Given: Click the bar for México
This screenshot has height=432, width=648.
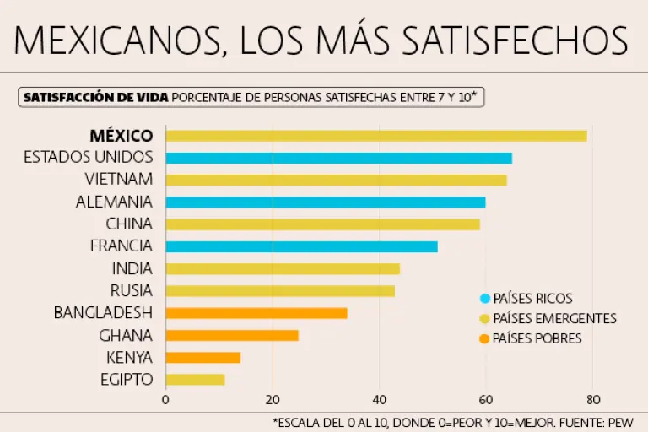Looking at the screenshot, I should pos(375,136).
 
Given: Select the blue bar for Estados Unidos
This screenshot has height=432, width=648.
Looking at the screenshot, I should pos(338,158).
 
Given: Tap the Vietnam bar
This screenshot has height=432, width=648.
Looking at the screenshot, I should pos(336,180).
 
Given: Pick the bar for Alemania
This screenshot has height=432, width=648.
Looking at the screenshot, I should pos(325,202).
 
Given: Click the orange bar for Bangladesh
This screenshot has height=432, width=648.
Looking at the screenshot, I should pos(256,313).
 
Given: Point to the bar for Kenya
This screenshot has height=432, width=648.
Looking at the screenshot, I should pos(202,358).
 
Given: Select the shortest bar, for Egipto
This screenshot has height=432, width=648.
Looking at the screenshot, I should pos(195,380).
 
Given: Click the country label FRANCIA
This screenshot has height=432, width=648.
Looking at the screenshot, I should pos(121,246).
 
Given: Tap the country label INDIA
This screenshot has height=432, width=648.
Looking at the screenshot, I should pos(132,269).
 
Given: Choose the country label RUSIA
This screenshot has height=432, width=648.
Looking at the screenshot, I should pos(132,291).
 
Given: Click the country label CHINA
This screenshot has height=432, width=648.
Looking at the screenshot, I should pos(129,224).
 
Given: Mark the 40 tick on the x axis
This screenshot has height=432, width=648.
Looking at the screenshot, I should pos(379,400).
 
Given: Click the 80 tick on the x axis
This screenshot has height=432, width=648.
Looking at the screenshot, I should pos(592,400).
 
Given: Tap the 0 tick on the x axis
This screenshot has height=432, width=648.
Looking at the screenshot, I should pos(165,400).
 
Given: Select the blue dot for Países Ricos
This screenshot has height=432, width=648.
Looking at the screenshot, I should pos(484,299).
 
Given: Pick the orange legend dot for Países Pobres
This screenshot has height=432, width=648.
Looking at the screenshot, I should pos(484,339).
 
